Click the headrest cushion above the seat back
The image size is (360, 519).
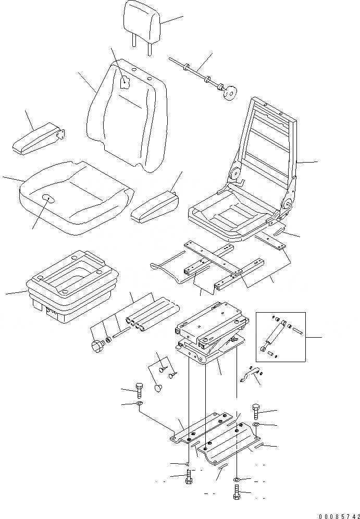coord(141,22)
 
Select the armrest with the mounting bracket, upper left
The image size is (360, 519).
coord(38,139)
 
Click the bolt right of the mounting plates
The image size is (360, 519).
coord(256,412)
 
